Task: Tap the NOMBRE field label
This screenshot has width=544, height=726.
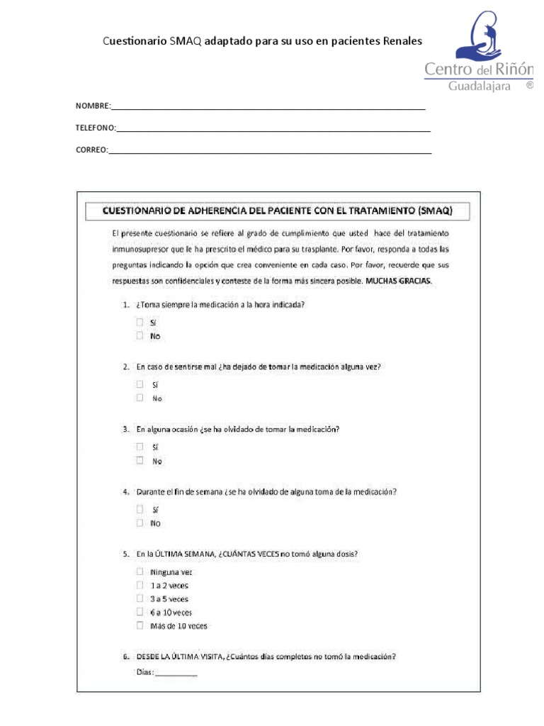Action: (x=93, y=106)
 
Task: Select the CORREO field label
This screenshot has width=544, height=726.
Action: (x=91, y=150)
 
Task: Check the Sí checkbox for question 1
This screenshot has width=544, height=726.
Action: (x=140, y=322)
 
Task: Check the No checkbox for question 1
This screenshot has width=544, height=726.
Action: (x=140, y=336)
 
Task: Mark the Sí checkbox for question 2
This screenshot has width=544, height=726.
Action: (x=140, y=384)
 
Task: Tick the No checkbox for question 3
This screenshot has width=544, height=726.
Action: (x=140, y=461)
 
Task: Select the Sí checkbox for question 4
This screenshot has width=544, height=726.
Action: (x=140, y=509)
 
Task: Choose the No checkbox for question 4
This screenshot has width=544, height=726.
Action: (x=140, y=523)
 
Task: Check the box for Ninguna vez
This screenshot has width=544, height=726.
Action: (x=140, y=571)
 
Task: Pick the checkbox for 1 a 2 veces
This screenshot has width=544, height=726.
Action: (x=140, y=585)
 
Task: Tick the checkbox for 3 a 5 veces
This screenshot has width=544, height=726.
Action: (x=140, y=598)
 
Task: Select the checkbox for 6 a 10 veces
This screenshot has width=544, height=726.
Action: (x=140, y=612)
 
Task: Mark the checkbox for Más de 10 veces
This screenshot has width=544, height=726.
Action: (x=140, y=625)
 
